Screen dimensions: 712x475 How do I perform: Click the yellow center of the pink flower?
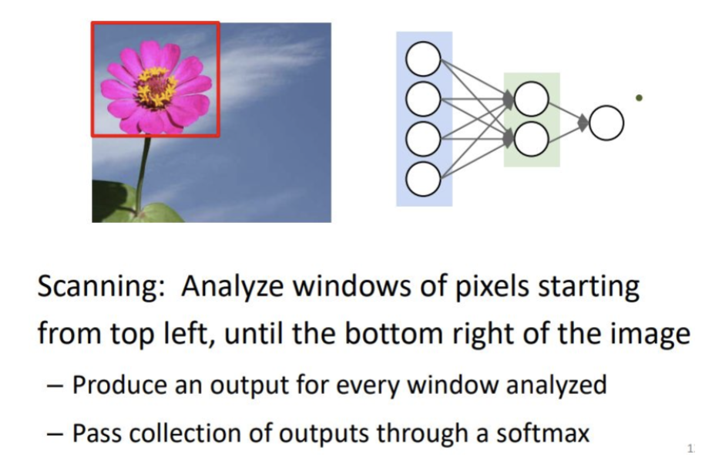pyautogui.click(x=156, y=86)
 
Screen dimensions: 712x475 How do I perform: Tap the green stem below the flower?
pyautogui.click(x=143, y=173)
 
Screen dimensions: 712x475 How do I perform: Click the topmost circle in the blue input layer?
pyautogui.click(x=423, y=59)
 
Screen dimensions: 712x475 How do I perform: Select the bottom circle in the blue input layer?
pyautogui.click(x=423, y=179)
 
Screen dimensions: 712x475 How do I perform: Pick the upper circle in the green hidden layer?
pyautogui.click(x=531, y=99)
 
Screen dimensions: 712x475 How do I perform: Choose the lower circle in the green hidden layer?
pyautogui.click(x=531, y=139)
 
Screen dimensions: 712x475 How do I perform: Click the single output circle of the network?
pyautogui.click(x=606, y=123)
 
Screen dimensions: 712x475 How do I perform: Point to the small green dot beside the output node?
pyautogui.click(x=639, y=98)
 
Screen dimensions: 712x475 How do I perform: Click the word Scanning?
pyautogui.click(x=101, y=288)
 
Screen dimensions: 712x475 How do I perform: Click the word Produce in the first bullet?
pyautogui.click(x=119, y=385)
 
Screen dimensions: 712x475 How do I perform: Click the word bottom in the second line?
pyautogui.click(x=394, y=333)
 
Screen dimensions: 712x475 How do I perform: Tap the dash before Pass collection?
pyautogui.click(x=55, y=434)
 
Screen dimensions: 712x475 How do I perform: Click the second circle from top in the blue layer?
pyautogui.click(x=423, y=99)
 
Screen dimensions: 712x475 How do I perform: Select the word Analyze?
pyautogui.click(x=233, y=288)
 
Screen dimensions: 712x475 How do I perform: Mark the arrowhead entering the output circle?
pyautogui.click(x=583, y=123)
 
